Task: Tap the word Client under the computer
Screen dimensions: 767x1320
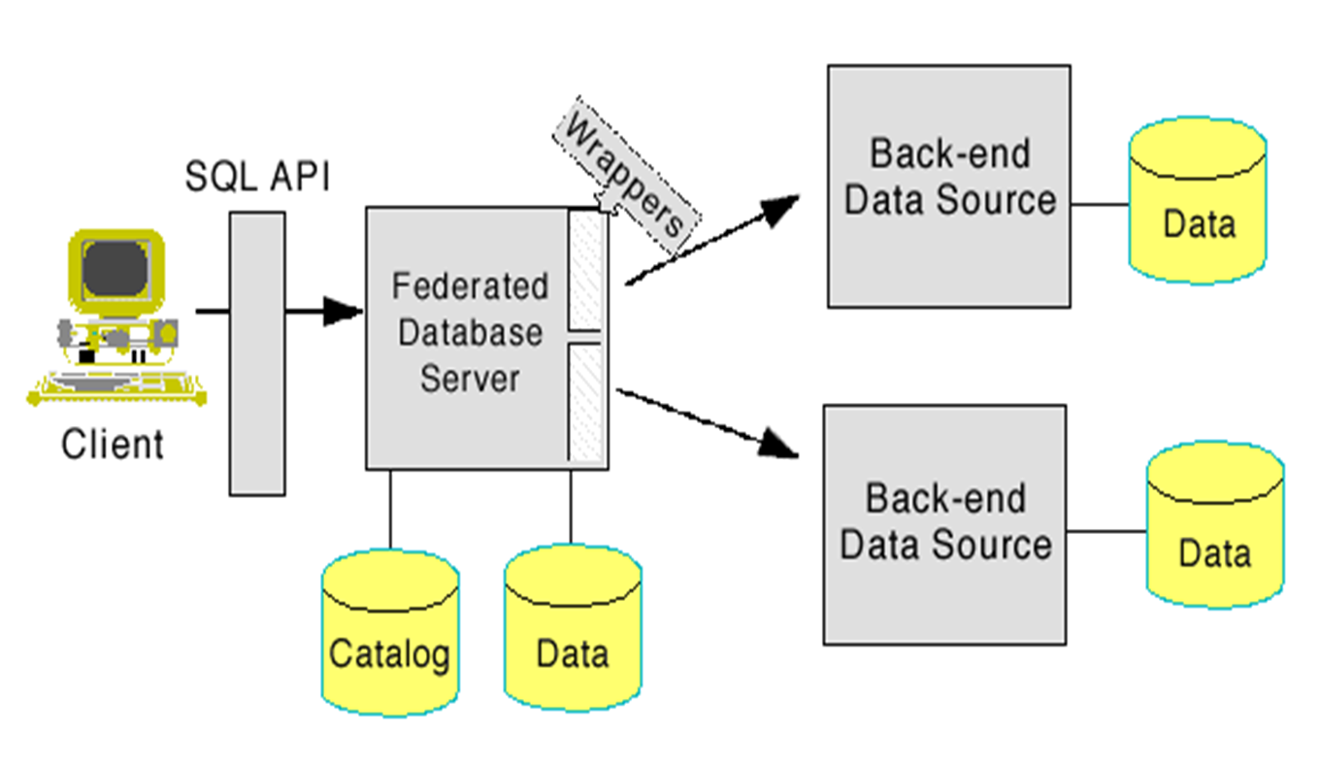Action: pos(113,445)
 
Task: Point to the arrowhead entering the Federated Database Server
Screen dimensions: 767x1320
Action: pos(345,312)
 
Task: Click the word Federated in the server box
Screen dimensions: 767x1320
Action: pos(471,286)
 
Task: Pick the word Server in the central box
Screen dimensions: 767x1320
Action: pos(471,378)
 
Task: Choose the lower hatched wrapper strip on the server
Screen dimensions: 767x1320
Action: pos(586,403)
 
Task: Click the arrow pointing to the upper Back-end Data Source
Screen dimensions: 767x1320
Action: pos(776,209)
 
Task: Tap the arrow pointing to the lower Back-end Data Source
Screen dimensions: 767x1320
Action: pos(776,443)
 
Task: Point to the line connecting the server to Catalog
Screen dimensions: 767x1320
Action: pos(390,510)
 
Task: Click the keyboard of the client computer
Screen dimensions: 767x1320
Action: pos(116,393)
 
